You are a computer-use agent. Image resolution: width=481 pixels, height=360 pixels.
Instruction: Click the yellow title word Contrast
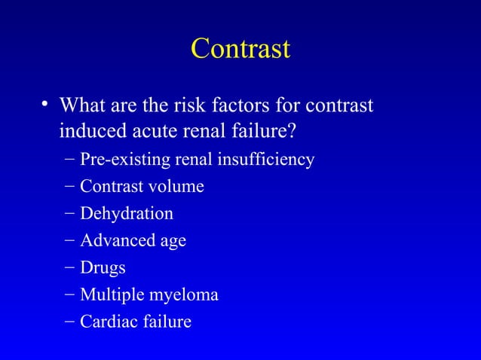[x=240, y=49]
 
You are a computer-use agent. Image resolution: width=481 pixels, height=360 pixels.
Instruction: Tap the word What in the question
[x=83, y=105]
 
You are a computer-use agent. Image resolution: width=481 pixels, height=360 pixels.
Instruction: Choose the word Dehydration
[x=127, y=213]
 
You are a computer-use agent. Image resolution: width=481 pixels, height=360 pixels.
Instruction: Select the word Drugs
[x=103, y=268]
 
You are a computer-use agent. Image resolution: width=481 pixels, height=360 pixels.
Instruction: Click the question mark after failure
[x=290, y=132]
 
